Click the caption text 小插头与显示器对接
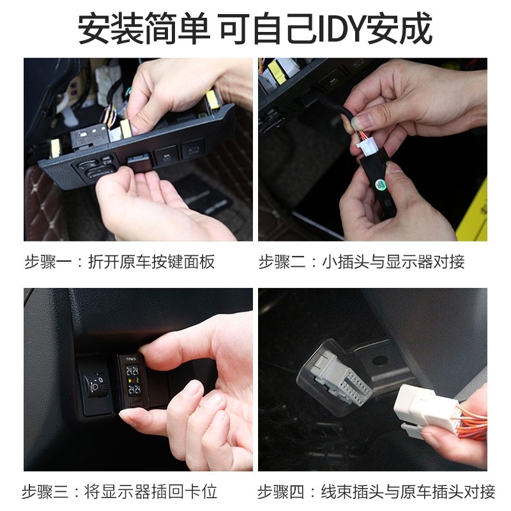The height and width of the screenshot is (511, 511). coord(393,262)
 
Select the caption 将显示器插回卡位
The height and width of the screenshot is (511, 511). coord(151,492)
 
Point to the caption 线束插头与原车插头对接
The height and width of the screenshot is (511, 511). coord(408,492)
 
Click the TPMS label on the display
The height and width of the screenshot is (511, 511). coord(131,359)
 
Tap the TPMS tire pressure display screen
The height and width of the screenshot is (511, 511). coord(133,380)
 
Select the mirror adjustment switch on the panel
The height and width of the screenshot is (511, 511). coord(97,169)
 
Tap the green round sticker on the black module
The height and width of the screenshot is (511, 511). coord(379,184)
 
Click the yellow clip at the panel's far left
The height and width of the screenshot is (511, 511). coord(56,148)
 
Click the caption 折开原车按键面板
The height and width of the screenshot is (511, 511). coord(151,262)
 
